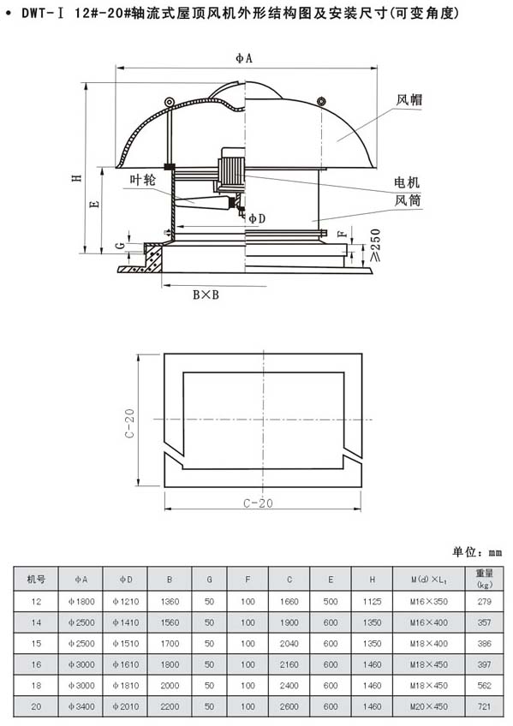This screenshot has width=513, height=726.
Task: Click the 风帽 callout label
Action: pyautogui.click(x=409, y=99)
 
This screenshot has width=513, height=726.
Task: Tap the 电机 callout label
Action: pyautogui.click(x=407, y=182)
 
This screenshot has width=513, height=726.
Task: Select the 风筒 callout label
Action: pyautogui.click(x=408, y=200)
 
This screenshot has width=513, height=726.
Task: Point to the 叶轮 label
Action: pyautogui.click(x=143, y=180)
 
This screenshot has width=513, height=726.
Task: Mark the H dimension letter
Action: pyautogui.click(x=77, y=177)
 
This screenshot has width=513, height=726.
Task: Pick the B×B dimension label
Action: pyautogui.click(x=206, y=295)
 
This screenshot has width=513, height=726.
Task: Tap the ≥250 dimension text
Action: pyautogui.click(x=375, y=246)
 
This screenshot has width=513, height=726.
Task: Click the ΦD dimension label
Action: pyautogui.click(x=257, y=218)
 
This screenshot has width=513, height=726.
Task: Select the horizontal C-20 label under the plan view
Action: pyautogui.click(x=259, y=503)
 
